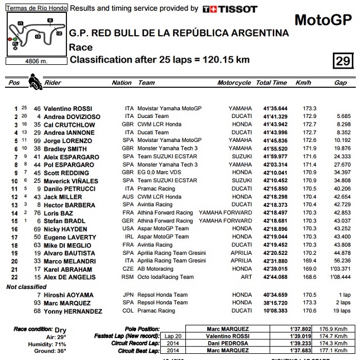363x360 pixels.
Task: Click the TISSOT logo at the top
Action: (x=230, y=9)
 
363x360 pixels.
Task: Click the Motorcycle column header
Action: (x=234, y=83)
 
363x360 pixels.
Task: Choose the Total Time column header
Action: (x=271, y=83)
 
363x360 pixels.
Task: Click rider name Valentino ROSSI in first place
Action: (x=69, y=108)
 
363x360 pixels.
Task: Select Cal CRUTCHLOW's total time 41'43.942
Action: (x=271, y=124)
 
